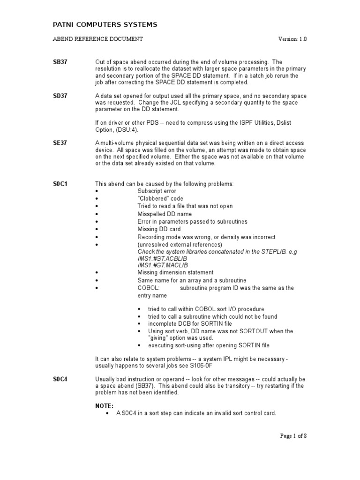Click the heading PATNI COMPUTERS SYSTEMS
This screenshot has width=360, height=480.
104,24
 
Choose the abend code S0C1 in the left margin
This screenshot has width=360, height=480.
60,184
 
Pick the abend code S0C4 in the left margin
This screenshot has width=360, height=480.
60,379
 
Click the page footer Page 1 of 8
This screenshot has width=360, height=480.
293,435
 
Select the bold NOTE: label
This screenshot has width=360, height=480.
105,406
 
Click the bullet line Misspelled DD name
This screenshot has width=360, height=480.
165,214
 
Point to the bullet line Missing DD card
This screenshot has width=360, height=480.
158,229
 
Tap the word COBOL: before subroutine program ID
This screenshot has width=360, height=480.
149,288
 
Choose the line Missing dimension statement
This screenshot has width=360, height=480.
175,272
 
